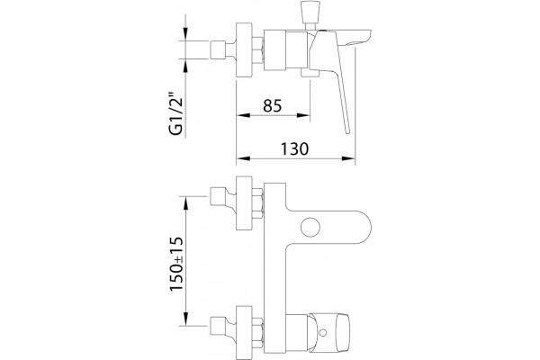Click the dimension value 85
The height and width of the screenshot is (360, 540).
(273, 106)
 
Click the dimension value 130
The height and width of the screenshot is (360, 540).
(295, 149)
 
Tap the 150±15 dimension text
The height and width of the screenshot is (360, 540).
(175, 264)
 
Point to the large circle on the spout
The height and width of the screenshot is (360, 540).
(310, 228)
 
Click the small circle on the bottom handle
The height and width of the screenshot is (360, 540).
(323, 333)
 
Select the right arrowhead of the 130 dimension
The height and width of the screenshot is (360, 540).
(348, 158)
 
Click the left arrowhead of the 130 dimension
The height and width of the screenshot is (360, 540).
(243, 158)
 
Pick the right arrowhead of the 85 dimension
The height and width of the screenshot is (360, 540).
(303, 115)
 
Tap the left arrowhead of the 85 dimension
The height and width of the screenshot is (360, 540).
(243, 115)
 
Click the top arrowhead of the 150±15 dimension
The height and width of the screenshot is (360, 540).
(185, 203)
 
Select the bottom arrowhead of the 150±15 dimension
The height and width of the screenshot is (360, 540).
(185, 319)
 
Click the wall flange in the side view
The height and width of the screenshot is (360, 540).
(244, 50)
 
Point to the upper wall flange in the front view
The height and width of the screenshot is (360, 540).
(244, 202)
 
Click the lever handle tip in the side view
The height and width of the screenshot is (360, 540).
(347, 130)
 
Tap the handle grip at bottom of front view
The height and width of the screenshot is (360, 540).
(329, 333)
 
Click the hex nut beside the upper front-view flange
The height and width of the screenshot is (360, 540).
(257, 203)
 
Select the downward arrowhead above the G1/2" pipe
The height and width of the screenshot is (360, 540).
(185, 34)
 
